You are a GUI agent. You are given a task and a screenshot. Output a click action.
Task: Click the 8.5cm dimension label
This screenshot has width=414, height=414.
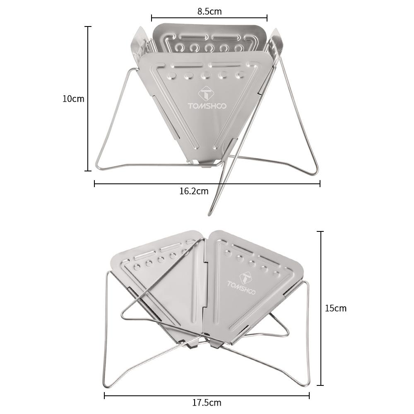pyautogui.click(x=209, y=11)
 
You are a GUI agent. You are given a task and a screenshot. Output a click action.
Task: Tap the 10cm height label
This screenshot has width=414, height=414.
pyautogui.click(x=73, y=99)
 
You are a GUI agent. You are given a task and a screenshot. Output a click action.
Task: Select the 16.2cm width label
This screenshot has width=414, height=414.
pyautogui.click(x=194, y=191)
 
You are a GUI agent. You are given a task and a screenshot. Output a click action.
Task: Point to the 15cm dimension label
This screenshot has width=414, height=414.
pyautogui.click(x=336, y=308)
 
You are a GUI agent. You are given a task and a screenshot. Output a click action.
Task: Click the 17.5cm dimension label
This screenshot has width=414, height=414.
pyautogui.click(x=207, y=403)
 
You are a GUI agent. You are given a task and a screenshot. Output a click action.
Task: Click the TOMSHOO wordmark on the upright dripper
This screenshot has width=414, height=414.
pyautogui.click(x=207, y=106)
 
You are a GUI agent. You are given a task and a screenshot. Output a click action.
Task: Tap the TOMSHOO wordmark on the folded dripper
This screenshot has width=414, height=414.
pyautogui.click(x=241, y=288)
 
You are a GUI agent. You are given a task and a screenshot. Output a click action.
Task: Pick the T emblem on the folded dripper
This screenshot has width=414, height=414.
pyautogui.click(x=245, y=277)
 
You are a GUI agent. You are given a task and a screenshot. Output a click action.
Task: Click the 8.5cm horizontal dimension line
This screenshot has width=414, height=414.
pyautogui.click(x=209, y=18)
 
